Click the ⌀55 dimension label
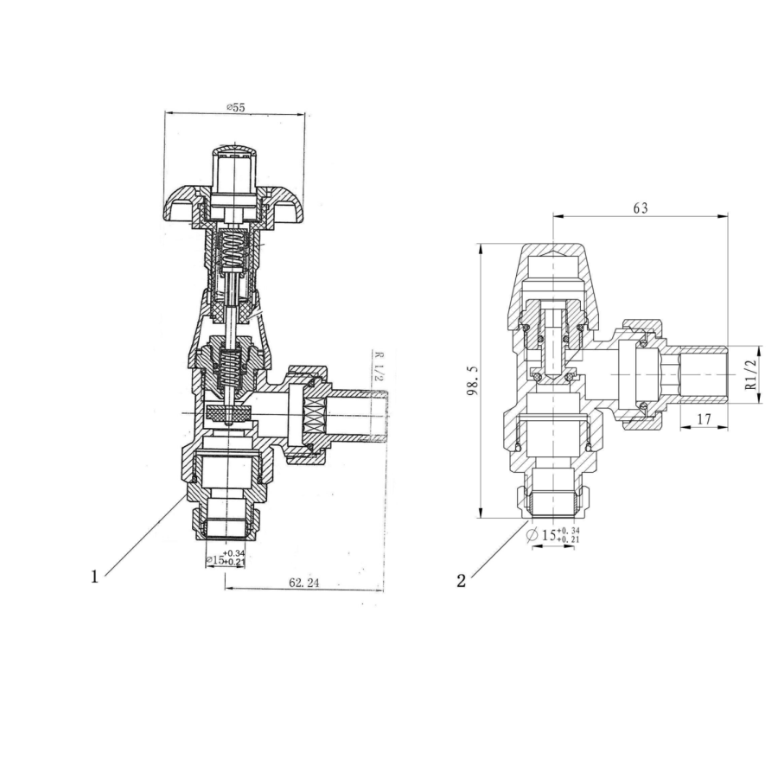click(235, 107)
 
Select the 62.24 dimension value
click(304, 583)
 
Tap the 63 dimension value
click(640, 208)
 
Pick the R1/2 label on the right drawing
click(750, 373)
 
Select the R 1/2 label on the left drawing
click(378, 368)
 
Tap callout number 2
click(461, 581)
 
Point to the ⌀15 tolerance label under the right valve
click(554, 535)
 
